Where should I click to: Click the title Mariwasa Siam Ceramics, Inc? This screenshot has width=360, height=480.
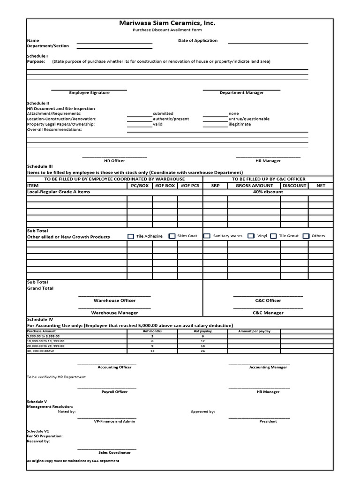167,23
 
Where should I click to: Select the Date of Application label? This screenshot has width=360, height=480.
197,40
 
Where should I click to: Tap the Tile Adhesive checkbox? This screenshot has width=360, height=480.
131,236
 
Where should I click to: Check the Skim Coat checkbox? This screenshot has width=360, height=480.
172,236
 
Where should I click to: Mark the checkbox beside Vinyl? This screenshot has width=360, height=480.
251,236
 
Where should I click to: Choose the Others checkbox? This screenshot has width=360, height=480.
306,236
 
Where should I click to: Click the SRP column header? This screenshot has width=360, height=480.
215,186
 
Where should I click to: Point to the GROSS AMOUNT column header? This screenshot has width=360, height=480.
254,186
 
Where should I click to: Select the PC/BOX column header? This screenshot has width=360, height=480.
139,186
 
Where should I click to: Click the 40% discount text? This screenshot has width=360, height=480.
268,192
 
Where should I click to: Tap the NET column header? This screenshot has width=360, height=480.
321,186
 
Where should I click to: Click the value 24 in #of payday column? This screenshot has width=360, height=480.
202,351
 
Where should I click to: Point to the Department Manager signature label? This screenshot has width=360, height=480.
241,93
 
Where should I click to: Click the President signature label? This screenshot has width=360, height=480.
268,421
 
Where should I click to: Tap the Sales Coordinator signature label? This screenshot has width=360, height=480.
114,452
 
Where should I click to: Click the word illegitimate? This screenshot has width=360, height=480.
240,124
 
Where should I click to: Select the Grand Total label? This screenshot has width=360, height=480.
40,288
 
